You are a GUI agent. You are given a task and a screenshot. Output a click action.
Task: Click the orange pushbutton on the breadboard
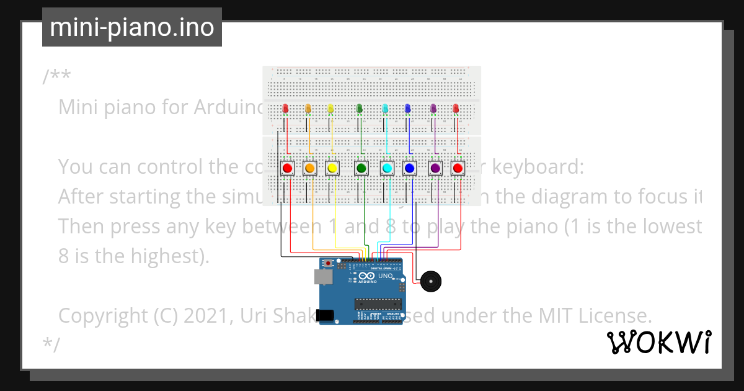(x=310, y=168)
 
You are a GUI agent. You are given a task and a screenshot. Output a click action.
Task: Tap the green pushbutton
(x=361, y=168)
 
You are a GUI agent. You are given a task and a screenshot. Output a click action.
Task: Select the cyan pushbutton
(x=387, y=168)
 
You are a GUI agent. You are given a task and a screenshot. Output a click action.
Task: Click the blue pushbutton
(x=409, y=168)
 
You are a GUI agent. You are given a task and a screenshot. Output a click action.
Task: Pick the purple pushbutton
(x=435, y=168)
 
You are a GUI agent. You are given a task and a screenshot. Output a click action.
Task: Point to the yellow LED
(x=330, y=109)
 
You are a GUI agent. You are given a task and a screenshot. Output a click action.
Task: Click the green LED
(x=360, y=109)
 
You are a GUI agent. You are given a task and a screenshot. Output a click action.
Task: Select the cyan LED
(x=385, y=109)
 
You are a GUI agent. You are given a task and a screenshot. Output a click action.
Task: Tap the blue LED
(x=407, y=109)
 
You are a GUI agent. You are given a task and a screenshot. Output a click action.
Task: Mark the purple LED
(x=433, y=109)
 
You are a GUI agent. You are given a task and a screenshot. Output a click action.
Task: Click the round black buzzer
(x=431, y=282)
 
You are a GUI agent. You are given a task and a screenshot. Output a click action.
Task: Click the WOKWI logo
(x=658, y=342)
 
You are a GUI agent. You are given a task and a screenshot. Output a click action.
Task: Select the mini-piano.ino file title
(x=131, y=27)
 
